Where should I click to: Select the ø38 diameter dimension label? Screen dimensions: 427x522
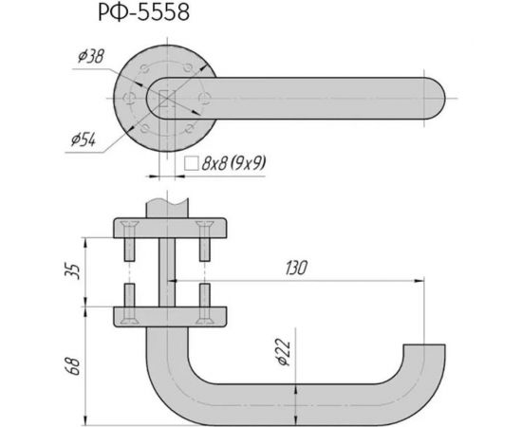coord(90,59)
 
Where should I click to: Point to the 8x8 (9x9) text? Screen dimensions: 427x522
coord(233,163)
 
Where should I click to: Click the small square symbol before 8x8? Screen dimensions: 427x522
coord(190,163)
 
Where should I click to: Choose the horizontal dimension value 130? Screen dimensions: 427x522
coord(293,269)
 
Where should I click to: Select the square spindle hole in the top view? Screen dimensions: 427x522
coord(166,98)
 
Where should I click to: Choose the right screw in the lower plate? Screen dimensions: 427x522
coord(203,302)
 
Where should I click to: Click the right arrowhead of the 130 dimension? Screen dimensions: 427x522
coord(417,281)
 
